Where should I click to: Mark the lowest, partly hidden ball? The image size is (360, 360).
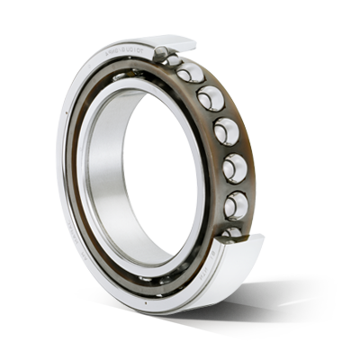point(231,233)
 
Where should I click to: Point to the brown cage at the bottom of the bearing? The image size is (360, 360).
point(144,278)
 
